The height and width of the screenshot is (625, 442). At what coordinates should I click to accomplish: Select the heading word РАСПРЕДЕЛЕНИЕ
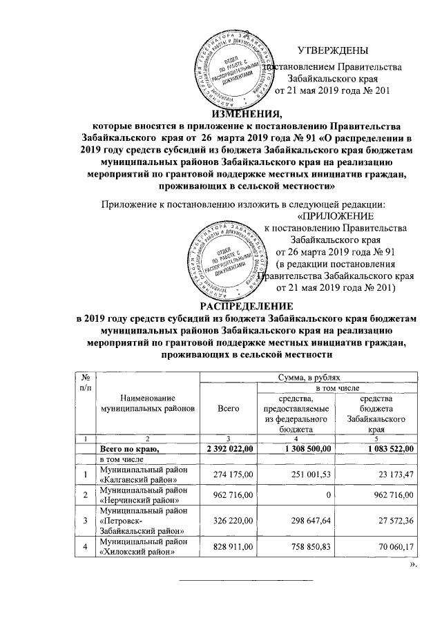[246, 306]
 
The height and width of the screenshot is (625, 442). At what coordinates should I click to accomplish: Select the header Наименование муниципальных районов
[147, 403]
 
